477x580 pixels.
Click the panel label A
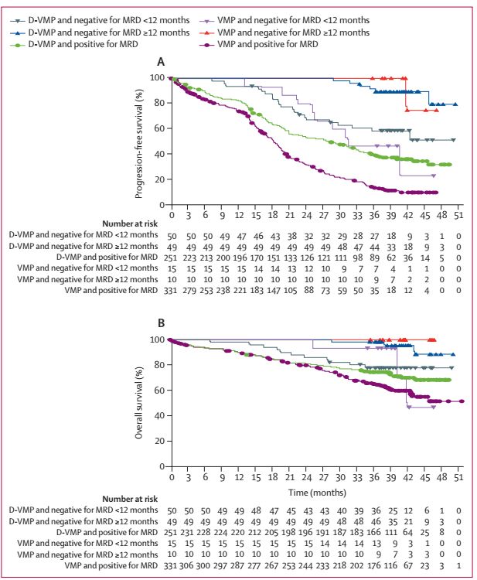(x=160, y=61)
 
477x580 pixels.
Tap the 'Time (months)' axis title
(x=313, y=492)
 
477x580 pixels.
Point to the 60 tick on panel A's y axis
(x=159, y=128)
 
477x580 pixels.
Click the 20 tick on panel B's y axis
(x=159, y=442)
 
